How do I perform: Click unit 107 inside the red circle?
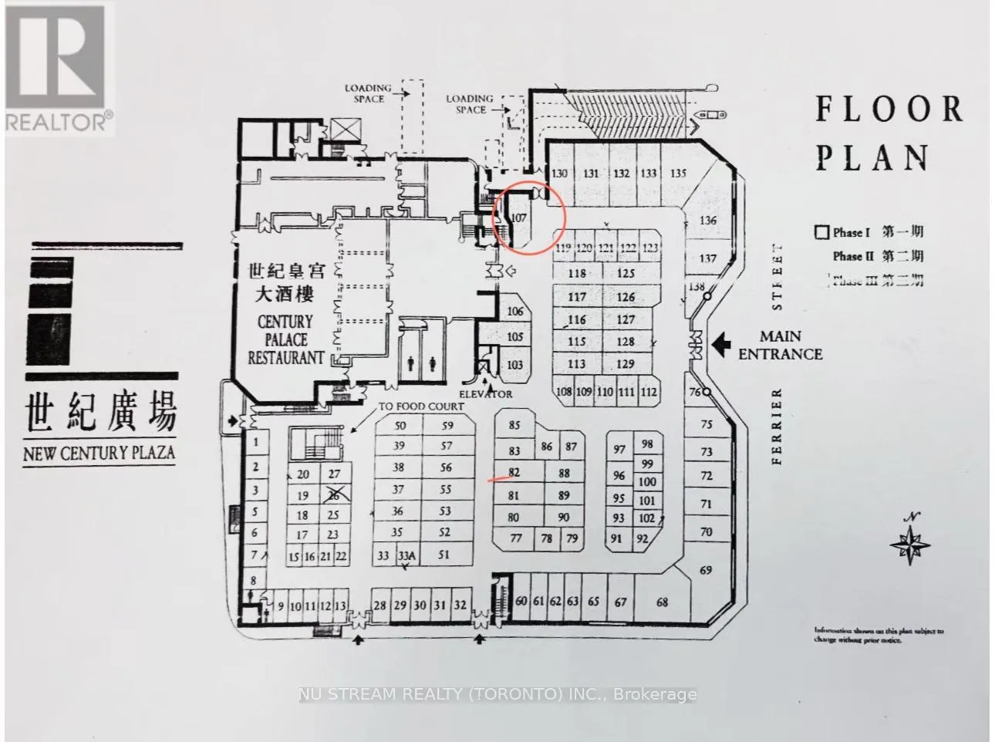[x=518, y=218]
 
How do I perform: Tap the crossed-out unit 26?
[x=334, y=495]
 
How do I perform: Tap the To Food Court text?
[x=420, y=406]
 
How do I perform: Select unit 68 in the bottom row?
[x=662, y=602]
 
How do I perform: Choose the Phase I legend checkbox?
[x=822, y=232]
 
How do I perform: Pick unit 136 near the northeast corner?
[x=707, y=221]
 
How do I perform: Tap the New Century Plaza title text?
[x=99, y=453]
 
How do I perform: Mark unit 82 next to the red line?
[x=514, y=473]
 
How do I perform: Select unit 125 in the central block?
[x=626, y=273]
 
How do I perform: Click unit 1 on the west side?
[x=255, y=443]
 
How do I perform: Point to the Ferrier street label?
[x=777, y=427]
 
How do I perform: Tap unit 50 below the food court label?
[x=400, y=426]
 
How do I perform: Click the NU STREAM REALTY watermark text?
[x=497, y=694]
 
